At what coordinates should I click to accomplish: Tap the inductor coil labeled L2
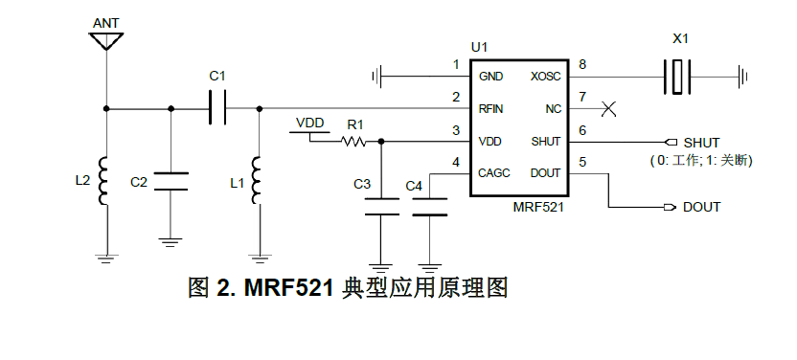tap(106, 180)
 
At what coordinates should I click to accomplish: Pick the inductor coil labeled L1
tap(258, 180)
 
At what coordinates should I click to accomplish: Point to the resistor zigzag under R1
tap(354, 142)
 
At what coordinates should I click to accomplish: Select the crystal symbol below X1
tap(678, 76)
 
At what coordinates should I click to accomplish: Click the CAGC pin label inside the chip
tap(495, 173)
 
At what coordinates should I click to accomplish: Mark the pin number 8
tap(582, 65)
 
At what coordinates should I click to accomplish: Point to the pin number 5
tap(582, 163)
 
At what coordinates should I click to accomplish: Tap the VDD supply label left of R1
tap(310, 123)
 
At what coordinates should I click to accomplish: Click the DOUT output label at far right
tap(701, 207)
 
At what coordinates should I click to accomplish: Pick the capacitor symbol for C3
tap(383, 207)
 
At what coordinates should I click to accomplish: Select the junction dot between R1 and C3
tap(383, 142)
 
